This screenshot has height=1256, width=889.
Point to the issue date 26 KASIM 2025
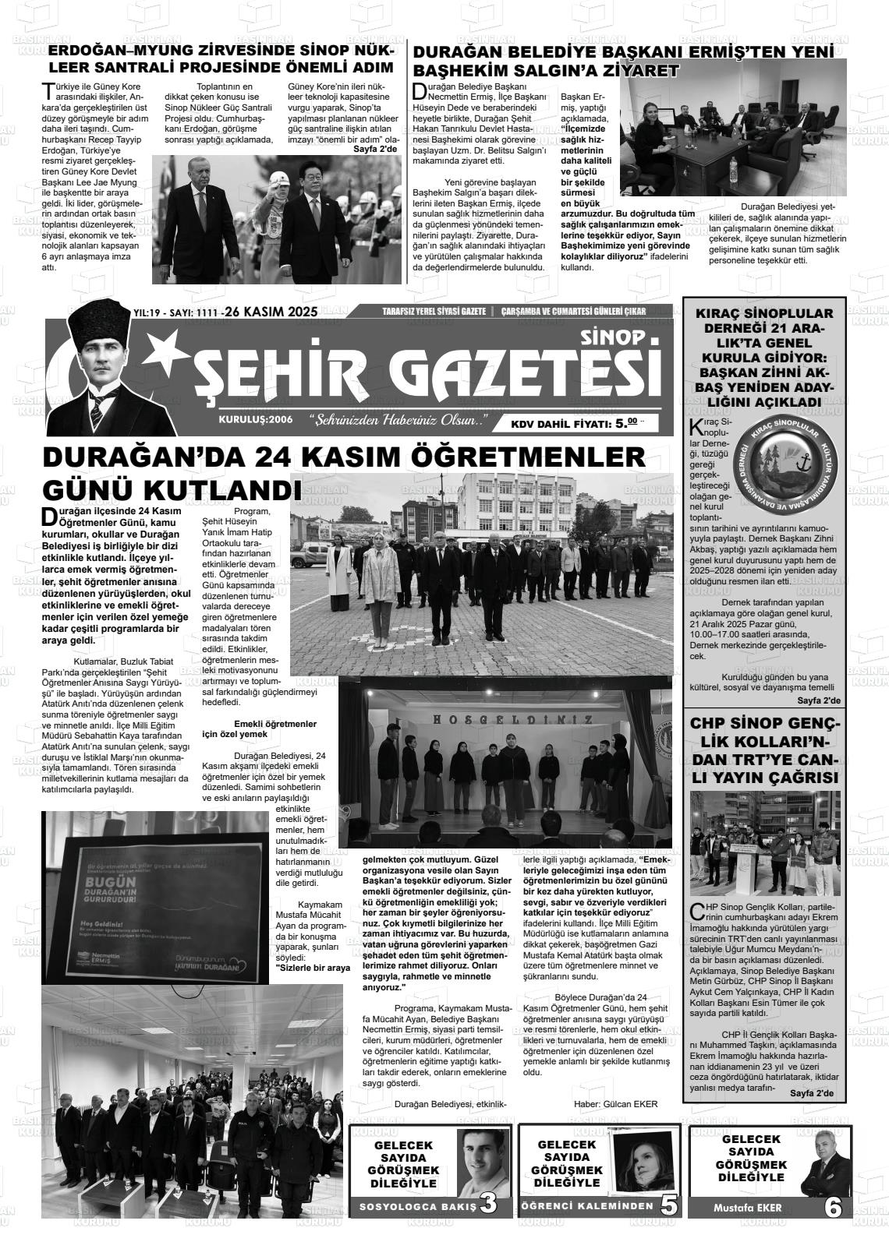coord(271,312)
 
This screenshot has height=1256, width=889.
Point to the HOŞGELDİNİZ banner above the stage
coord(501,719)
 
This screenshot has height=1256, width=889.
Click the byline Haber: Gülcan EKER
coord(615,1103)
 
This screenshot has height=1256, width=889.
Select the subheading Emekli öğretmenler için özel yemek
coord(259,729)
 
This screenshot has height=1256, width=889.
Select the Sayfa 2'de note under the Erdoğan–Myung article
coord(375,148)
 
